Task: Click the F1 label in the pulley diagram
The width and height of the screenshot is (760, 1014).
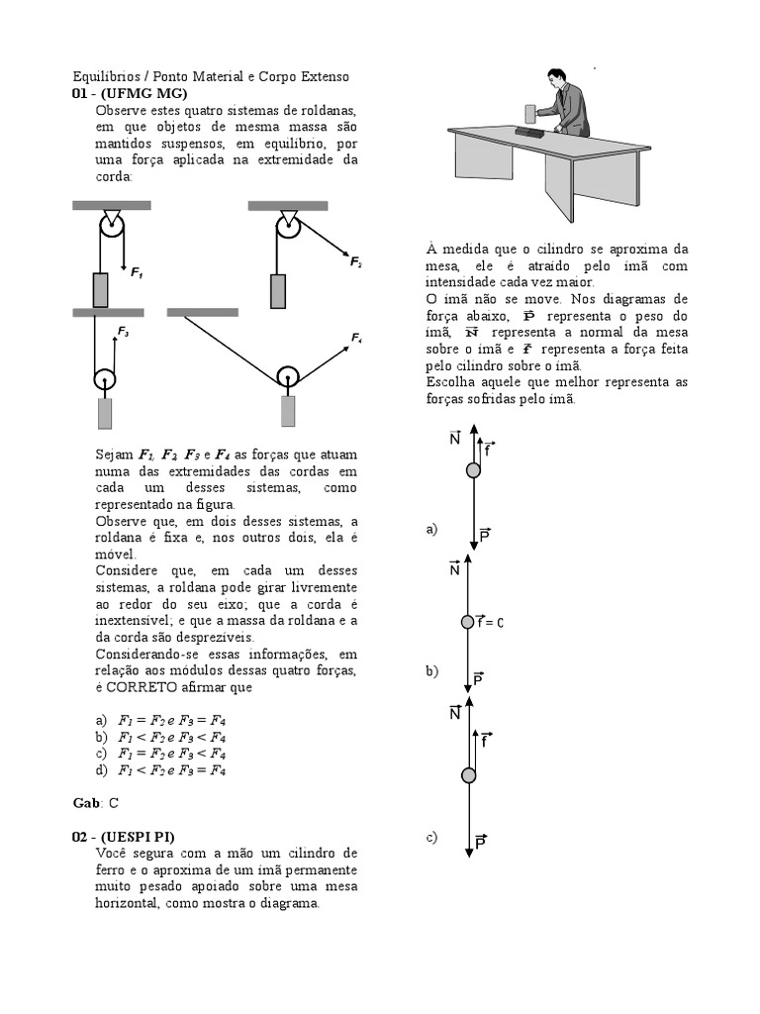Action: pos(136,272)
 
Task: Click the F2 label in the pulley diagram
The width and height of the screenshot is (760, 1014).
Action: pos(355,262)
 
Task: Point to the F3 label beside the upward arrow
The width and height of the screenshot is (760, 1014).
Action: pos(123,333)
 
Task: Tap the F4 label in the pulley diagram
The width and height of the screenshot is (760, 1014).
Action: pos(355,340)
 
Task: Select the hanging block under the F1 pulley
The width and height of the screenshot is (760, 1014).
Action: pos(100,289)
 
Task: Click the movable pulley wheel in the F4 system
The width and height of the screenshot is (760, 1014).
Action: pos(287,376)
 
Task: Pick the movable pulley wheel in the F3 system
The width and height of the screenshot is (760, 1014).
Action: pos(106,379)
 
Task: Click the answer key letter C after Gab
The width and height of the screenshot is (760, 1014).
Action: pos(113,802)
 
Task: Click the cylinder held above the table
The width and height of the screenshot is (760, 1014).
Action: pos(528,110)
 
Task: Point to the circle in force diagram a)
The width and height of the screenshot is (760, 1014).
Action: pos(473,469)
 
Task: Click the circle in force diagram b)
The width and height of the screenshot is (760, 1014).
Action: pos(468,622)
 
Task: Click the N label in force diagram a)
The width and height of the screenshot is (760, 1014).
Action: pos(454,439)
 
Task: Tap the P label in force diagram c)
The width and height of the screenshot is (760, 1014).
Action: pos(480,843)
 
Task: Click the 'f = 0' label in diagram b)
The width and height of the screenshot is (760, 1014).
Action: pos(490,623)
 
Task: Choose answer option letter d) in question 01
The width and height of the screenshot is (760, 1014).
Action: pos(101,770)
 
